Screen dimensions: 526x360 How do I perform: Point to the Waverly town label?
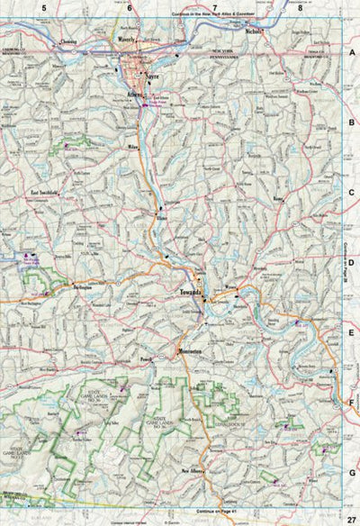pos(123,41)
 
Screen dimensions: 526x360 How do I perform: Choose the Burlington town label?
pos(82,289)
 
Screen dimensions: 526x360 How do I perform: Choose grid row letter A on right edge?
pos(353,54)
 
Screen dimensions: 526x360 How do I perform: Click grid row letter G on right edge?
pos(353,470)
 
